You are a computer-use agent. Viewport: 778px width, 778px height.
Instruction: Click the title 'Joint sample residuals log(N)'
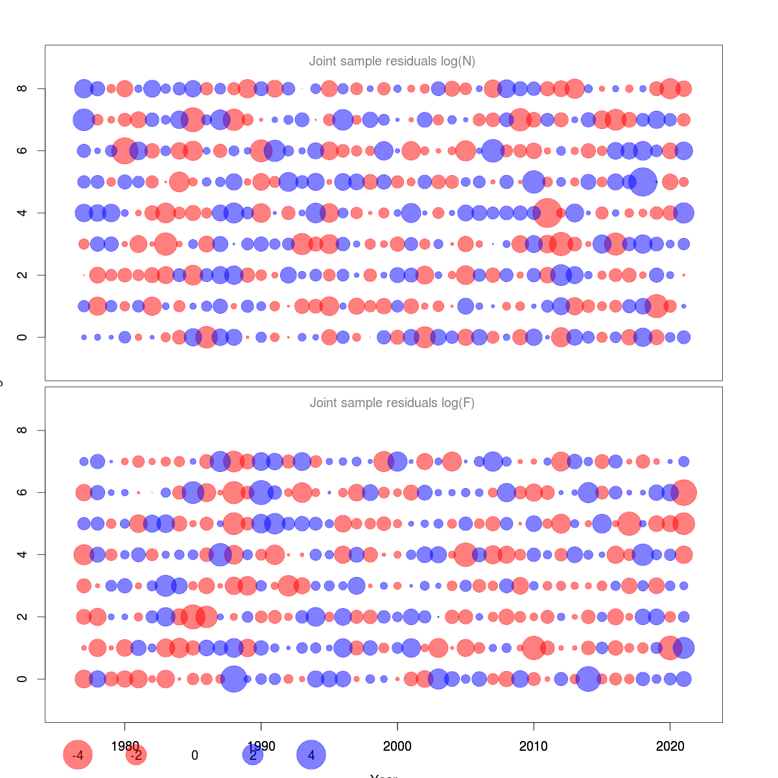392,62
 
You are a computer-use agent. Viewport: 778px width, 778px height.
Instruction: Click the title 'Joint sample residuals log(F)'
392,403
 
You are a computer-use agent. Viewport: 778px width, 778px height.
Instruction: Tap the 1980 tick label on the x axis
125,746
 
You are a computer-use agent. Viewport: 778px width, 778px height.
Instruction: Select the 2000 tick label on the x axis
397,746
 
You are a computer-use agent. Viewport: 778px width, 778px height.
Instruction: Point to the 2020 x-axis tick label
670,746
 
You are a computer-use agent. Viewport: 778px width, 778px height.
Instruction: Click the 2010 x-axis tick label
534,746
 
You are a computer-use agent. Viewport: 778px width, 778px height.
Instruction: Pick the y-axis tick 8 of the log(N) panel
23,88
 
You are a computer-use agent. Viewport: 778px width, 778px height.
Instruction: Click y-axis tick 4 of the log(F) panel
23,554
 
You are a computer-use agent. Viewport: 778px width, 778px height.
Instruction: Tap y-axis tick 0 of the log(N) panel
23,337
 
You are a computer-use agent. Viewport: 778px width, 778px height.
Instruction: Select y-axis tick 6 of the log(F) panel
23,492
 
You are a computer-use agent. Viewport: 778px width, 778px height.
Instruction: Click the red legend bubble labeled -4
78,755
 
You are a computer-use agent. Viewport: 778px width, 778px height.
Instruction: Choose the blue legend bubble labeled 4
311,755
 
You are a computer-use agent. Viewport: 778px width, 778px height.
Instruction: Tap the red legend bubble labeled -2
136,755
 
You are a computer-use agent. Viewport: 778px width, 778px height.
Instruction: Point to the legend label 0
194,755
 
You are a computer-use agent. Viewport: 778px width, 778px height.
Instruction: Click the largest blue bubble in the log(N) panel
643,182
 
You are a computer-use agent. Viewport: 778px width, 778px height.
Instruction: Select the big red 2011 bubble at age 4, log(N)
547,213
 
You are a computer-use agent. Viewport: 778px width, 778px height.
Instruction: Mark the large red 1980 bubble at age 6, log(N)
124,150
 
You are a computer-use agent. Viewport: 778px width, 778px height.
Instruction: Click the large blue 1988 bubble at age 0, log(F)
233,679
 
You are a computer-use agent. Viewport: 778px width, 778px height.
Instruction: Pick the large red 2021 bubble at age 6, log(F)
684,492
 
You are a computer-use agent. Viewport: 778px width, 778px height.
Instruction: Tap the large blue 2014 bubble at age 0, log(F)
588,679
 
